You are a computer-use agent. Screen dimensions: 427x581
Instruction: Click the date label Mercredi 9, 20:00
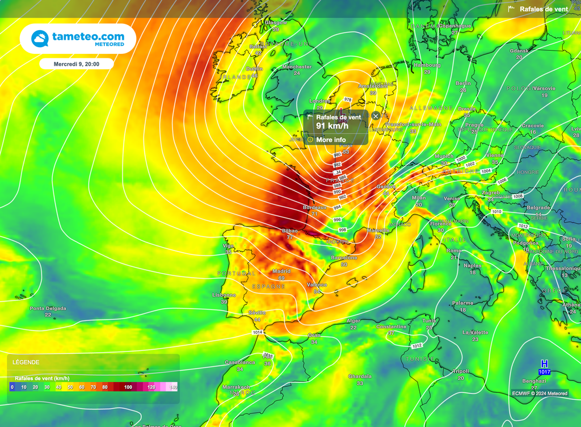click(x=77, y=64)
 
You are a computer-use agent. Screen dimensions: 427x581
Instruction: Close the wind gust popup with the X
click(x=376, y=116)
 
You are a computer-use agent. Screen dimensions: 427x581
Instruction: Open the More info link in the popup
click(x=331, y=140)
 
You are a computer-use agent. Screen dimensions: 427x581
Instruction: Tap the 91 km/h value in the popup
click(x=332, y=126)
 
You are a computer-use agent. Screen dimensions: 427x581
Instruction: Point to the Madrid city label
click(x=281, y=271)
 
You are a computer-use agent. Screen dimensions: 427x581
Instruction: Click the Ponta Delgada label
click(x=48, y=309)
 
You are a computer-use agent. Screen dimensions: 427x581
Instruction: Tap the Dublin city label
click(x=254, y=69)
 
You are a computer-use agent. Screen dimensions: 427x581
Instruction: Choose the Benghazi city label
click(x=534, y=381)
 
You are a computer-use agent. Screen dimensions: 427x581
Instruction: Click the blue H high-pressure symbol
click(x=544, y=363)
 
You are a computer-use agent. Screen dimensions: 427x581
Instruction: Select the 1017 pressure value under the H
click(x=544, y=372)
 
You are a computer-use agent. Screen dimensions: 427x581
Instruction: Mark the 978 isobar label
click(x=348, y=99)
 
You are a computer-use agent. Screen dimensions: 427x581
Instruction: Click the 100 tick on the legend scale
click(x=128, y=387)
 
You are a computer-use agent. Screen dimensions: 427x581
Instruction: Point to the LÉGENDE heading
click(x=26, y=362)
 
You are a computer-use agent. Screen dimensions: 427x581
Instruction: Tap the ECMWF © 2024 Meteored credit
click(x=539, y=393)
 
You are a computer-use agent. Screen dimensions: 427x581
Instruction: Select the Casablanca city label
click(x=239, y=362)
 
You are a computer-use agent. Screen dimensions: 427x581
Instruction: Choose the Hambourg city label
click(x=427, y=65)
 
